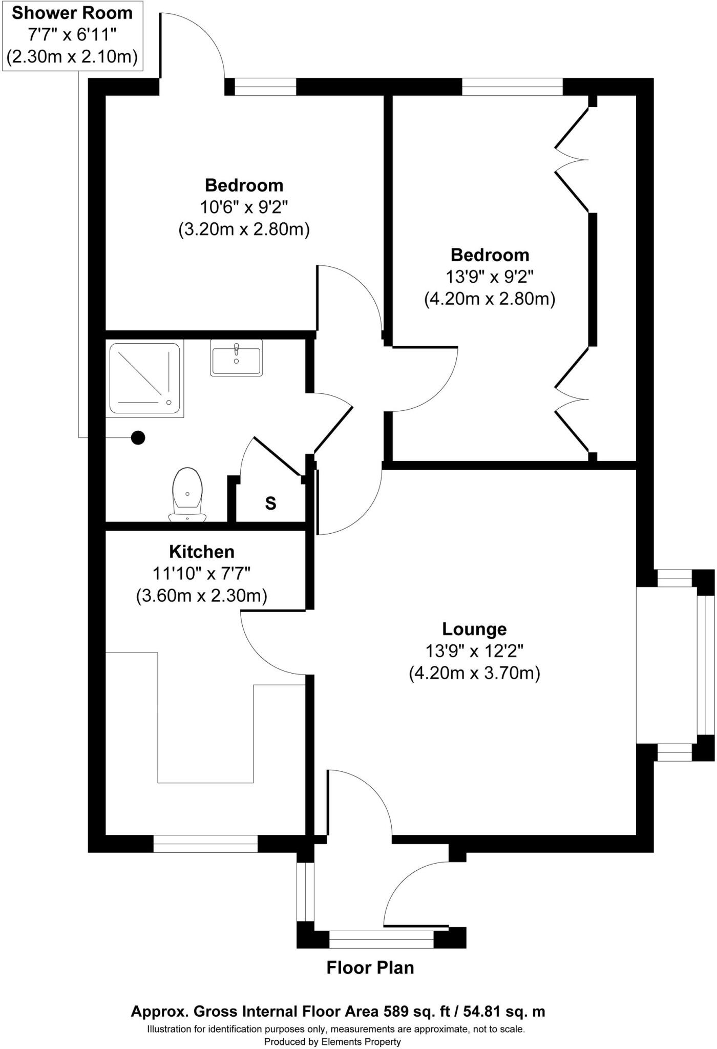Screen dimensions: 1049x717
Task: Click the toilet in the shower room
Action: (x=187, y=495)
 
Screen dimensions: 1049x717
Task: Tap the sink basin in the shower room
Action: (x=236, y=357)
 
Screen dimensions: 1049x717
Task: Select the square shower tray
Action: (x=145, y=379)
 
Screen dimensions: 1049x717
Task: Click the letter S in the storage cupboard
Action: (x=270, y=504)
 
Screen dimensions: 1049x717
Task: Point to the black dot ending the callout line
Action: (x=138, y=438)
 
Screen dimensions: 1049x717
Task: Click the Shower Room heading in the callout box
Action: (x=72, y=13)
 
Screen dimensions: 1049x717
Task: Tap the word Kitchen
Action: (x=202, y=552)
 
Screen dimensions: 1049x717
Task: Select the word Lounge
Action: (x=474, y=629)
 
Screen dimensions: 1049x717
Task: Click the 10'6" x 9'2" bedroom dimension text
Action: (x=244, y=207)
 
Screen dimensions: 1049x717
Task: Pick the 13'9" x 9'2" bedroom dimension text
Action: (x=490, y=277)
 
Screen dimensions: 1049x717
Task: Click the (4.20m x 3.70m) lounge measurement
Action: (x=474, y=673)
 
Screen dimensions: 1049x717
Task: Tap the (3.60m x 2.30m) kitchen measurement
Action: (x=202, y=596)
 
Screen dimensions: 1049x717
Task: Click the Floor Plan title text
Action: (x=370, y=968)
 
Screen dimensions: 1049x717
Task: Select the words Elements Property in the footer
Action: (x=361, y=1041)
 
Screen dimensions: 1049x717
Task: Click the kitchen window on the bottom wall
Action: (x=205, y=844)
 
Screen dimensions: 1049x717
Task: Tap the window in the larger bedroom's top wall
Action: (x=512, y=87)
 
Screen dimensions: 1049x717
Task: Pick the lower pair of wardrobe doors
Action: (x=572, y=400)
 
